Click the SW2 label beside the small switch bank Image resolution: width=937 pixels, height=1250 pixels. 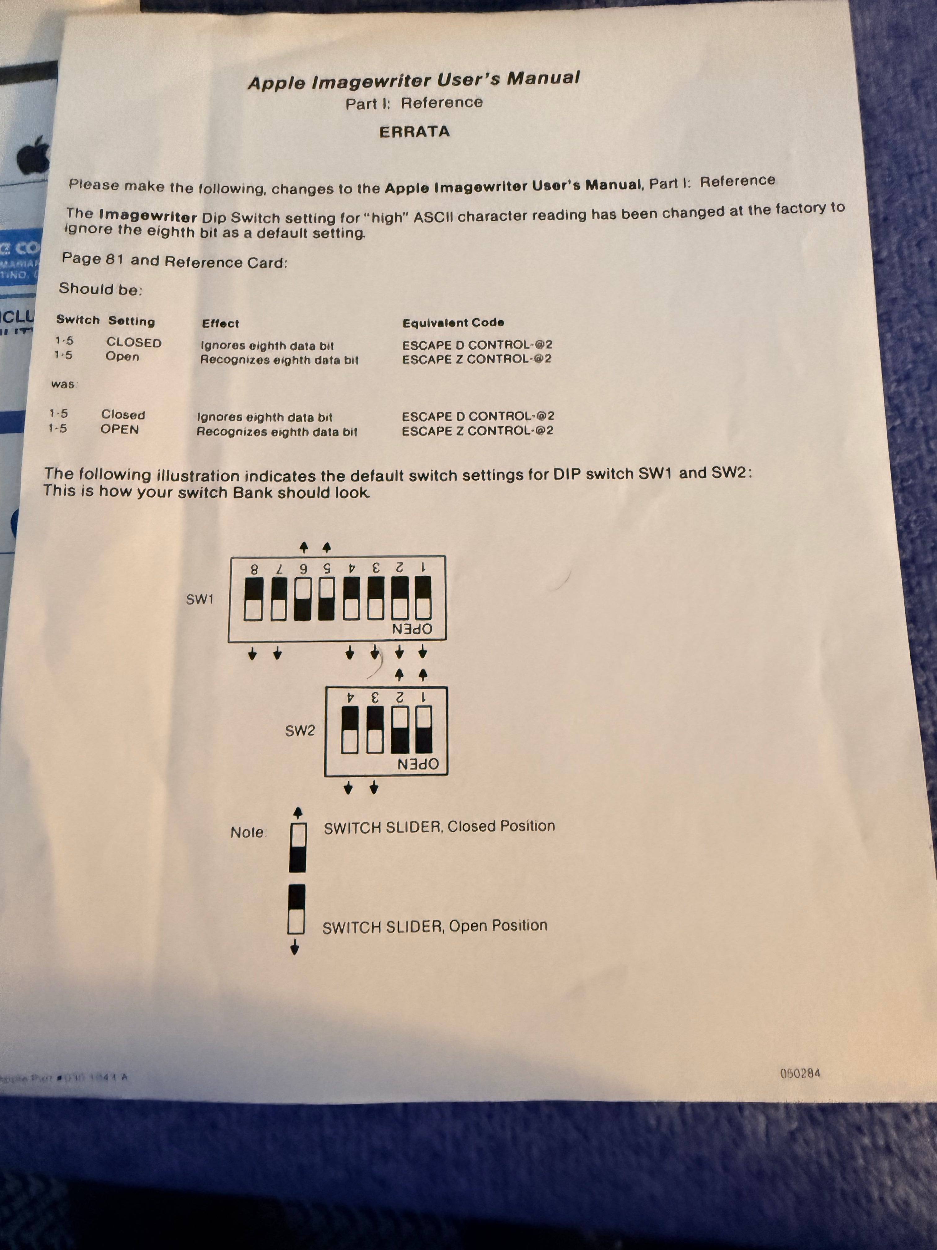point(300,731)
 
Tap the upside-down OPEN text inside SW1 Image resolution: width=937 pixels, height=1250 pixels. point(412,629)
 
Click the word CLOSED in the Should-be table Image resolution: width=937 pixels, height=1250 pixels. point(134,343)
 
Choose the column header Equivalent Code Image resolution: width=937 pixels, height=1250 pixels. point(453,323)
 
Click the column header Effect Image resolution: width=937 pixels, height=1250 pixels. point(220,323)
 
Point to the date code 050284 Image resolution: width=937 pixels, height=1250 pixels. point(800,1073)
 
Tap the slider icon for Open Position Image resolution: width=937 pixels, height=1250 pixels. point(296,910)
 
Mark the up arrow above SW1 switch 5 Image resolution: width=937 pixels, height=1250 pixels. point(327,547)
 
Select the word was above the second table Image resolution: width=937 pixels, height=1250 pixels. point(63,384)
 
